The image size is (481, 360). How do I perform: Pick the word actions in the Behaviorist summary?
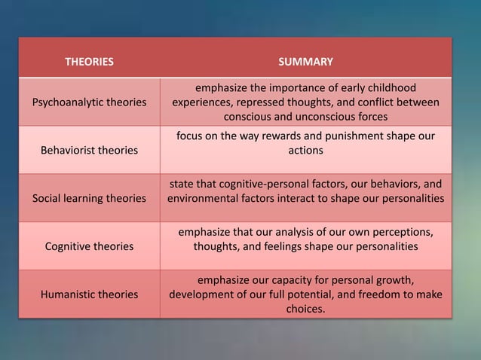coord(305,151)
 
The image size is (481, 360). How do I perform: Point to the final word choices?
coord(305,309)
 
